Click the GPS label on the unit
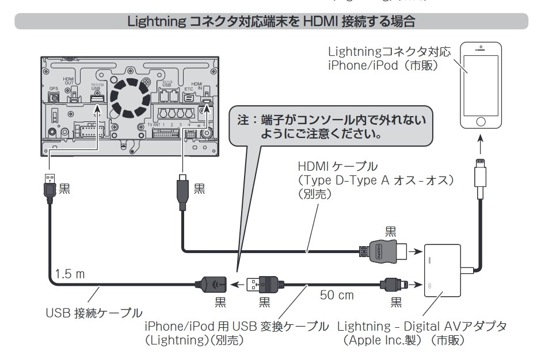54,89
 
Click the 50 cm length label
337,297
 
